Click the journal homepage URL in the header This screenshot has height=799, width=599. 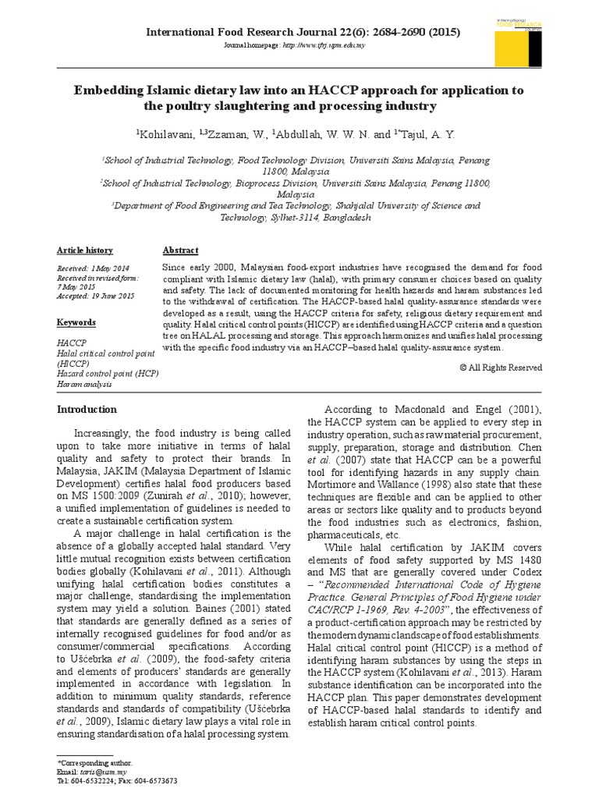coord(322,45)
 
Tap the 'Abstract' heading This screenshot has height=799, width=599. coord(180,250)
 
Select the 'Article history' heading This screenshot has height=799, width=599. coord(84,250)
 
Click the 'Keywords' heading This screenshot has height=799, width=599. coord(76,322)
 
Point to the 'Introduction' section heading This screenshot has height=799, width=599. coord(87,409)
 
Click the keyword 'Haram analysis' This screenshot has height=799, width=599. coord(84,384)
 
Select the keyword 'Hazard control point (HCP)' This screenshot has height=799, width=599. coord(108,374)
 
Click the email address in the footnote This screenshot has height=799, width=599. coord(97,771)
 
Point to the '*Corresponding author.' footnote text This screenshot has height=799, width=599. coord(94,762)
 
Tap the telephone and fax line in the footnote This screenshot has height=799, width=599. coord(117,780)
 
